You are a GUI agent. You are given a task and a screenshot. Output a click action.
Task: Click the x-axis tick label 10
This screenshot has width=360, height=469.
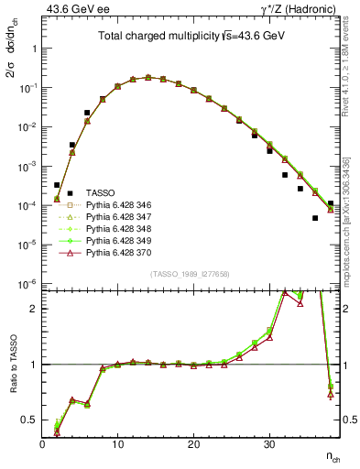(x=117, y=445)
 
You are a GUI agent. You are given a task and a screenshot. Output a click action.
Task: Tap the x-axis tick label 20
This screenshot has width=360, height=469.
(x=193, y=445)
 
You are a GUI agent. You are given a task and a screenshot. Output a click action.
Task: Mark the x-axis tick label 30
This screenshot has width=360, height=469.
(x=269, y=445)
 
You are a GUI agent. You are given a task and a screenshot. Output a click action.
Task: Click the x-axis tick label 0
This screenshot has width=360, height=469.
(x=42, y=445)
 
